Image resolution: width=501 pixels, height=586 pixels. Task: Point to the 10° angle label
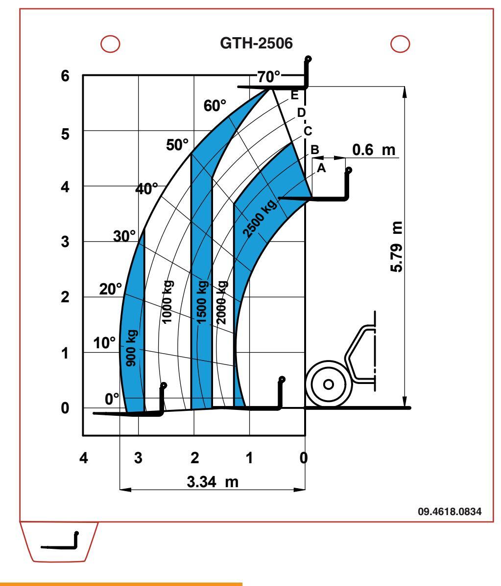[x=103, y=342]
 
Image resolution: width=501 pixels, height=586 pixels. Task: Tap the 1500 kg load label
[x=201, y=301]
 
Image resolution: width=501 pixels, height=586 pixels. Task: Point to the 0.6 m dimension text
[x=374, y=150]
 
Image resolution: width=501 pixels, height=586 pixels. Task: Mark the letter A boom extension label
[x=321, y=167]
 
